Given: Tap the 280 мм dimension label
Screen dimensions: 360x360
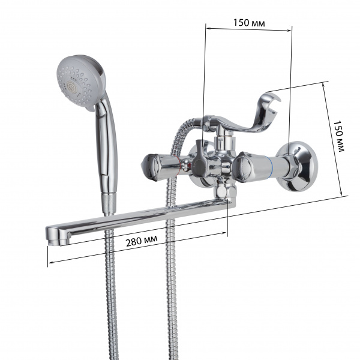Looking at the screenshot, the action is (x=142, y=241).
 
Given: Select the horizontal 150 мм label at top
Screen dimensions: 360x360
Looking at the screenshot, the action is (x=249, y=23).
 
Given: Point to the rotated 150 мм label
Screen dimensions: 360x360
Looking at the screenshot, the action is (x=338, y=136).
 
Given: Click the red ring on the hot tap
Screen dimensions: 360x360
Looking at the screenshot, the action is (x=178, y=166).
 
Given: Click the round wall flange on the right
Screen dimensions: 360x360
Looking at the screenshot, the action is (x=298, y=166).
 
